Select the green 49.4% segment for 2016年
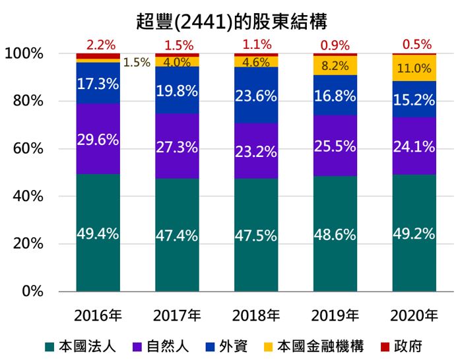[x=98, y=233]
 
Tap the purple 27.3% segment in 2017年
[x=177, y=146]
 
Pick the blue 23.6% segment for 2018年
[x=256, y=96]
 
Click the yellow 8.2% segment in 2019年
[x=335, y=66]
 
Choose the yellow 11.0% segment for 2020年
[x=414, y=68]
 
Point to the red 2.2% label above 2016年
[x=100, y=45]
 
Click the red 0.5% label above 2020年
[x=417, y=45]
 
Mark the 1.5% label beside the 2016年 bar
[x=137, y=63]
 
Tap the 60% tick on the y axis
[x=28, y=149]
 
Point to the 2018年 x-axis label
[x=255, y=315]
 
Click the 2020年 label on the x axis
[x=414, y=315]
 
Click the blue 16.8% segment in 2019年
[x=335, y=96]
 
